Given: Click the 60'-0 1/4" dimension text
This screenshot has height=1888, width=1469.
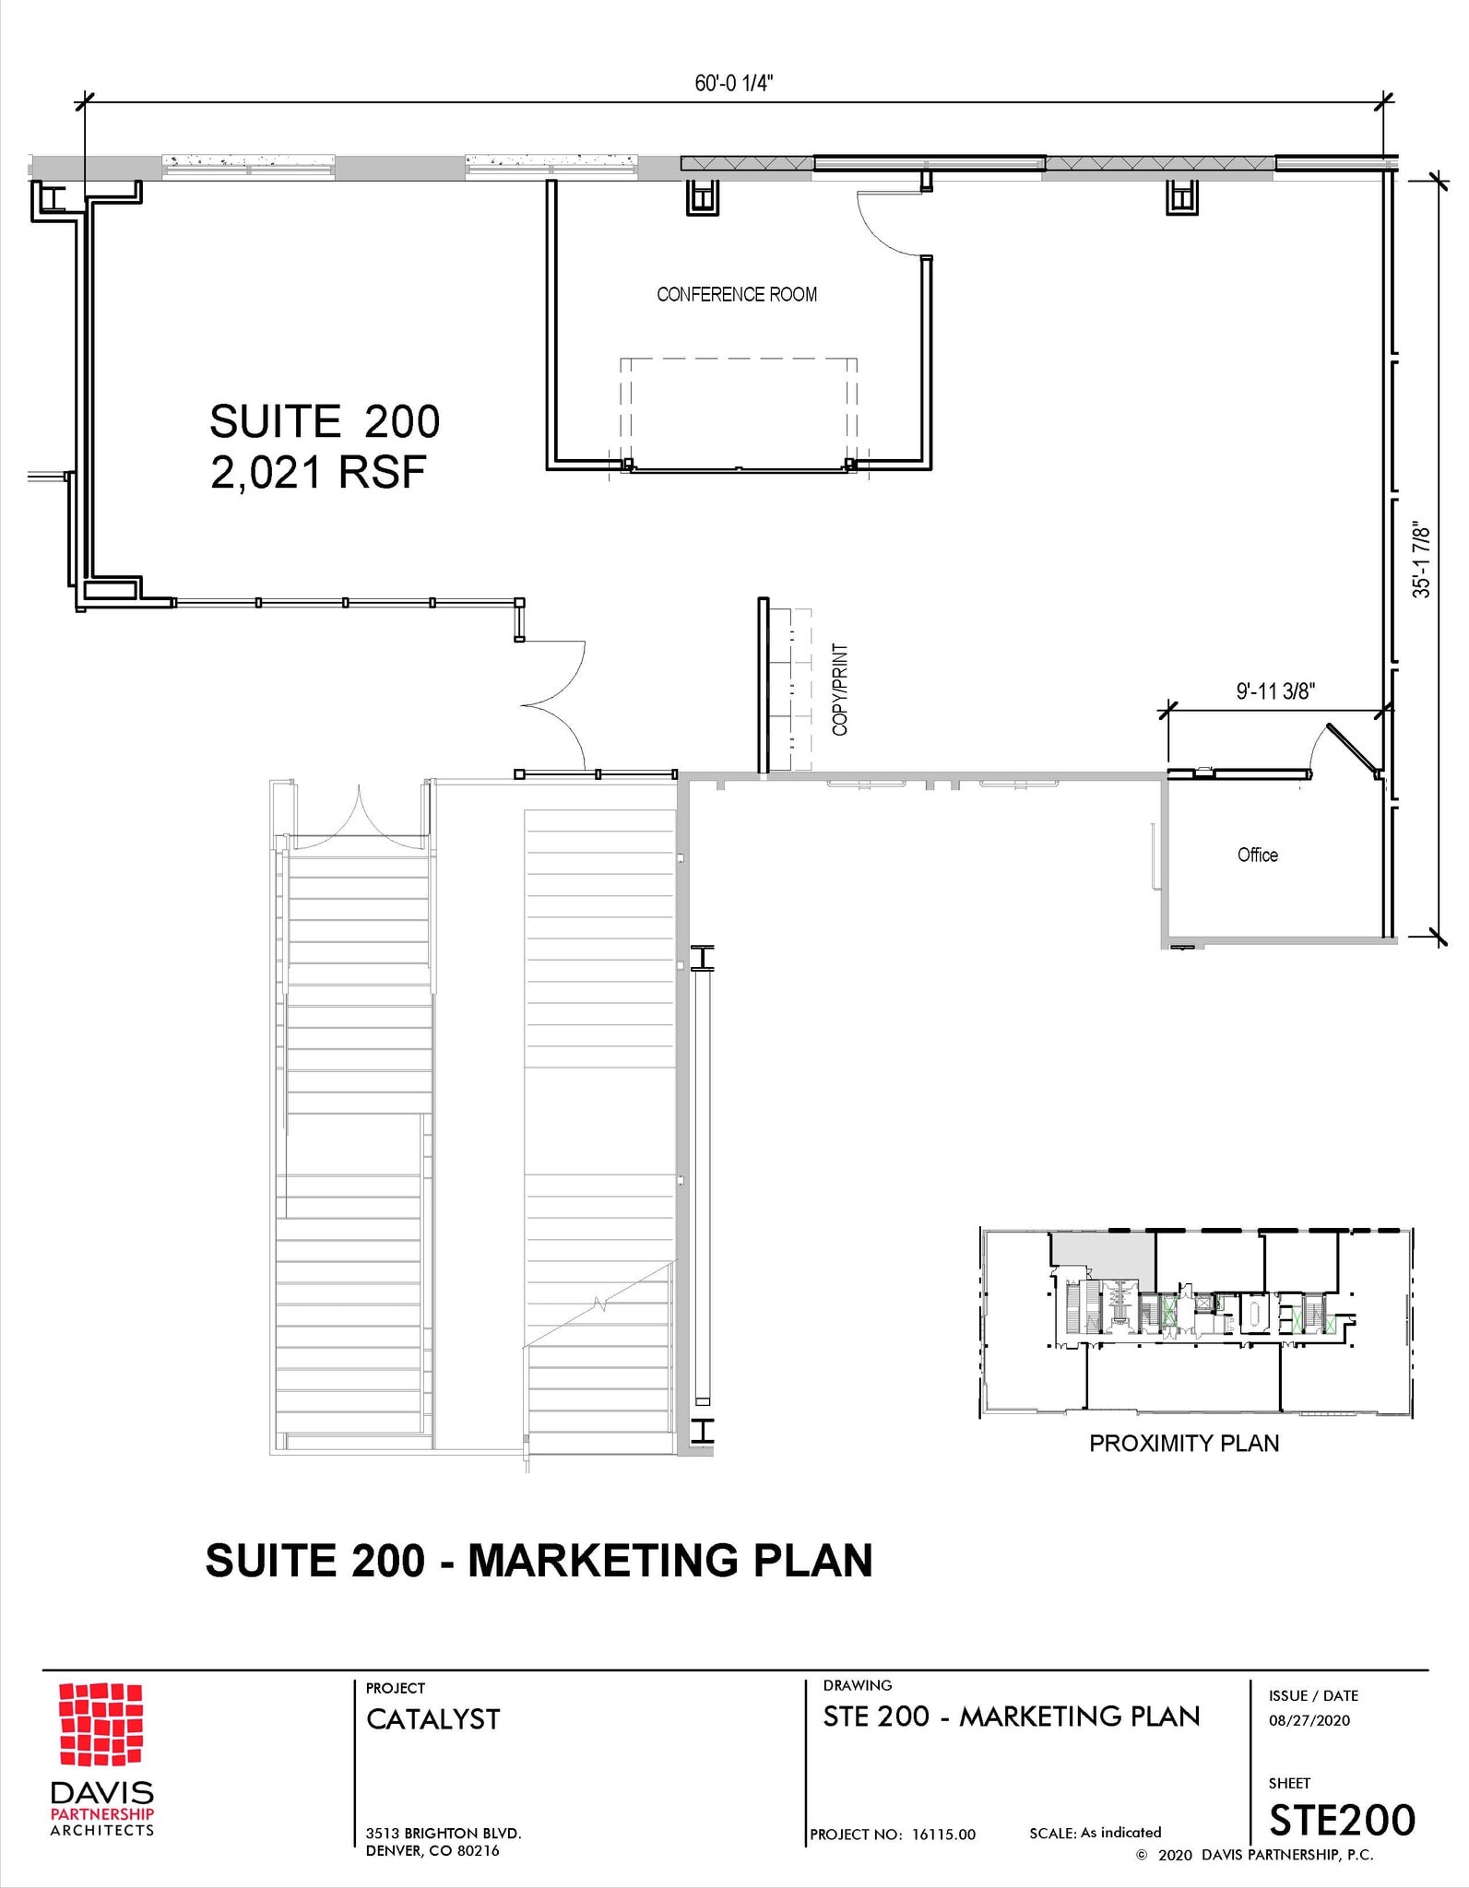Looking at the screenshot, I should click(x=733, y=84).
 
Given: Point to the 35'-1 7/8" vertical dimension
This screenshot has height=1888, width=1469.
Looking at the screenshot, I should click(x=1422, y=561).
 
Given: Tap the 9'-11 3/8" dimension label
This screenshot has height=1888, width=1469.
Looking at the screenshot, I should click(x=1275, y=691).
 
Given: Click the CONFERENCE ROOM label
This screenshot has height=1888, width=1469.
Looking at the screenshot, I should click(x=737, y=295).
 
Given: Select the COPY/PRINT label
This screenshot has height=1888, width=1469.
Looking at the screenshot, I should click(x=840, y=690).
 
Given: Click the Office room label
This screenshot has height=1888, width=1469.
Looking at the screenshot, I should click(x=1257, y=855).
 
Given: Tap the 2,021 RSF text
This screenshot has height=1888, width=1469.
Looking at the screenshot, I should click(x=318, y=474).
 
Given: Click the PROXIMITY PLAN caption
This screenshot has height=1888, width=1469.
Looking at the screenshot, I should click(x=1184, y=1444).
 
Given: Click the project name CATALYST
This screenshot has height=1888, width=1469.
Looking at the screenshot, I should click(x=433, y=1719).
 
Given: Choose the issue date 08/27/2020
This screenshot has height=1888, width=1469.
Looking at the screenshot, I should click(x=1309, y=1720).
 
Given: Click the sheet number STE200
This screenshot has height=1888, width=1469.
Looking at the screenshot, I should click(x=1342, y=1820).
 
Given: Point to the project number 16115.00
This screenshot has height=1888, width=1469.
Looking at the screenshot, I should click(x=943, y=1835).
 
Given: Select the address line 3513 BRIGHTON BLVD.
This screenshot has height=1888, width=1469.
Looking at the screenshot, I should click(x=444, y=1833).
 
